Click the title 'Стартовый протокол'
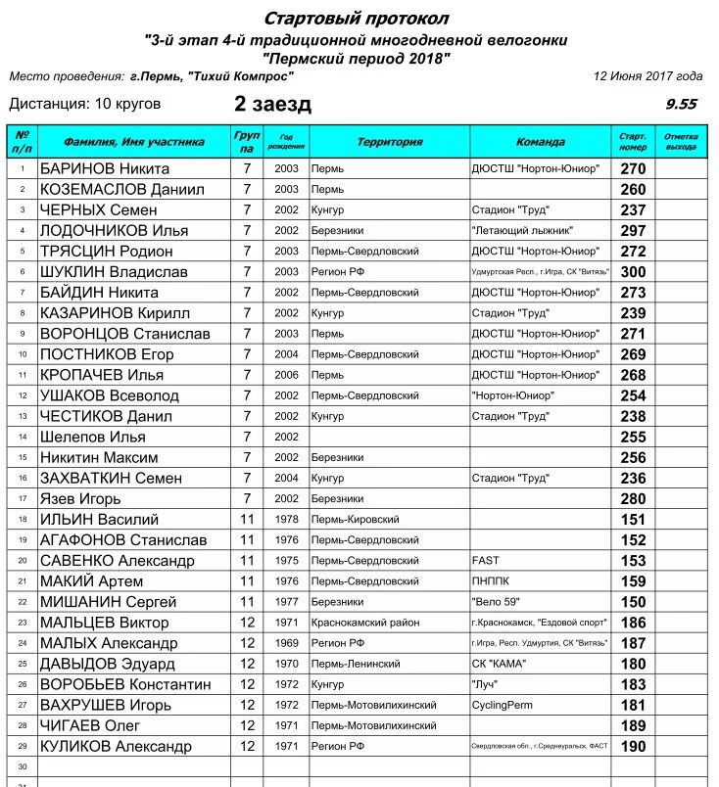pyautogui.click(x=358, y=19)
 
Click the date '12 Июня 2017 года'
pyautogui.click(x=647, y=75)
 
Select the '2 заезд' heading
pyautogui.click(x=272, y=104)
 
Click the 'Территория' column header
pyautogui.click(x=389, y=142)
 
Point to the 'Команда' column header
pyautogui.click(x=540, y=142)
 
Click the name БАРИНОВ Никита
pyautogui.click(x=105, y=168)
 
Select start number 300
pyautogui.click(x=633, y=271)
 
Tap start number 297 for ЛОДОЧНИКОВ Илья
pyautogui.click(x=633, y=230)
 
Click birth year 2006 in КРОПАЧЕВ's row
pyautogui.click(x=286, y=375)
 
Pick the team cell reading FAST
pyautogui.click(x=486, y=560)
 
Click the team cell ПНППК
pyautogui.click(x=491, y=580)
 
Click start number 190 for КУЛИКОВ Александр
pyautogui.click(x=633, y=746)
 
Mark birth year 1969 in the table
pyautogui.click(x=286, y=643)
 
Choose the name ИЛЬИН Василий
pyautogui.click(x=99, y=519)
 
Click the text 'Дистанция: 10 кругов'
pyautogui.click(x=85, y=104)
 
